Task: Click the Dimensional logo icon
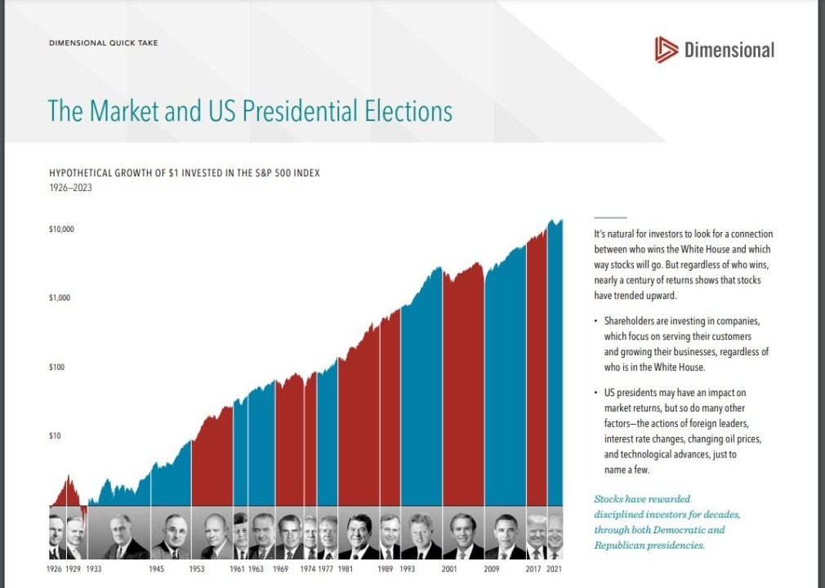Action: [x=667, y=50]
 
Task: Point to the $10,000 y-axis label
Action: [x=61, y=229]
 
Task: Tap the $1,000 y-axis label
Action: [x=60, y=297]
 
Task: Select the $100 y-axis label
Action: [x=57, y=367]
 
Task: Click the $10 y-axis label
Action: [x=55, y=436]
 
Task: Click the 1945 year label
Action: [x=157, y=568]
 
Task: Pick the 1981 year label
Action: [x=346, y=568]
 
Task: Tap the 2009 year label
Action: [x=491, y=568]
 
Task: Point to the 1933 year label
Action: [x=94, y=568]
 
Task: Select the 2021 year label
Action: [x=555, y=568]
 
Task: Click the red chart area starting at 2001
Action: [x=462, y=392]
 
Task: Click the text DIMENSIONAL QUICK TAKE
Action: [x=104, y=43]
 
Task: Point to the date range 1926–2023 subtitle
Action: [x=69, y=188]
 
